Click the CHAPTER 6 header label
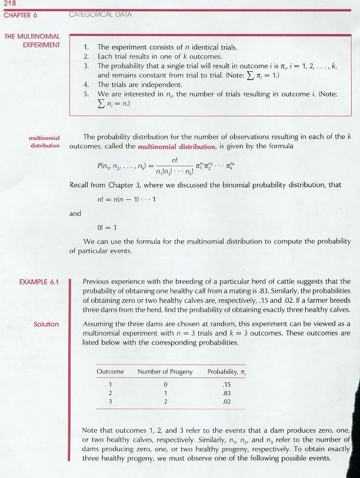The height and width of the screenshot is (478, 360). coord(21,15)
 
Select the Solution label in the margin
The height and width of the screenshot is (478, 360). coord(46,324)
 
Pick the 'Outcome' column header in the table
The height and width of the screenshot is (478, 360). coord(110,372)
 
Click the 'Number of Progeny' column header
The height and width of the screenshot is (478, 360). coord(165,372)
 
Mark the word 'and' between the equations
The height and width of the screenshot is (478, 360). coord(75,215)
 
